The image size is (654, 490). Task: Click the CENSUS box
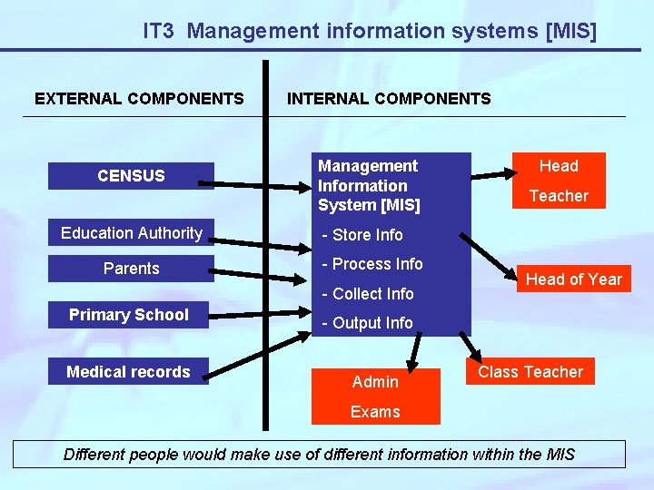(131, 176)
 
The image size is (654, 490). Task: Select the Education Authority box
(131, 233)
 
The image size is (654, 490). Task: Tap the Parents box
(131, 269)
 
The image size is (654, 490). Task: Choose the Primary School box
(129, 315)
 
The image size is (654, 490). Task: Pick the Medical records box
(128, 372)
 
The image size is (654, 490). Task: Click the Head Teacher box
(559, 181)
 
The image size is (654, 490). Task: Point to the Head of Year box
(574, 279)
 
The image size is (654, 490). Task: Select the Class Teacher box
(530, 372)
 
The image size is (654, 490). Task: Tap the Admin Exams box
(375, 397)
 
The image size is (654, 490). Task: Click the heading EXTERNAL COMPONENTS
(139, 99)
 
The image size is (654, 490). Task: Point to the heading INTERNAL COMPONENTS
(389, 99)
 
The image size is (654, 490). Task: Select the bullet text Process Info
(373, 264)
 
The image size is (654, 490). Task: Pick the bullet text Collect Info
(369, 294)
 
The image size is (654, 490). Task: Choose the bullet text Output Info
(368, 323)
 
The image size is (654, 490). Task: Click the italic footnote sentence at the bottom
(319, 454)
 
